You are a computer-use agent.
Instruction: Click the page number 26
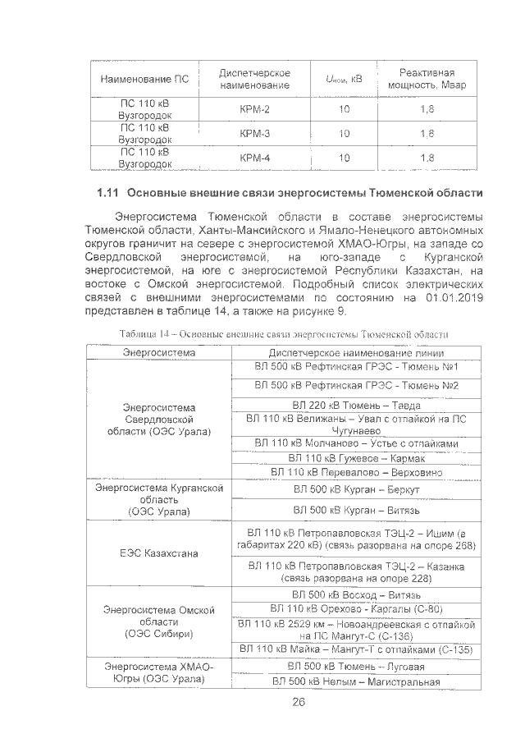[x=298, y=702]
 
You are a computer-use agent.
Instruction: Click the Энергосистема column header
[x=159, y=352]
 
